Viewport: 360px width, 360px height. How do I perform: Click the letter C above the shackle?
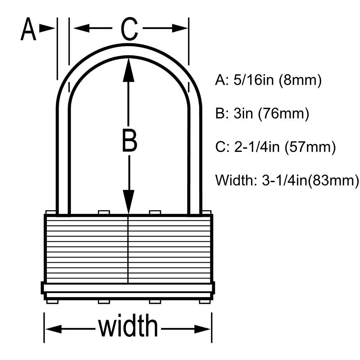[x=129, y=29]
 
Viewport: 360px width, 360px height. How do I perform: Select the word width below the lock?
[x=128, y=326]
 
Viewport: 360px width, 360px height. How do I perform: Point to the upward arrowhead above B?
[x=129, y=68]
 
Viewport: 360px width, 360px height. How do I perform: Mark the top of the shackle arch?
[x=129, y=50]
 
